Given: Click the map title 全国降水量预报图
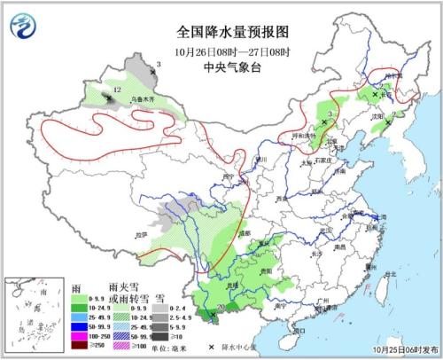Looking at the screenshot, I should pos(221,31).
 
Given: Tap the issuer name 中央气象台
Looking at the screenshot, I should pos(221,63).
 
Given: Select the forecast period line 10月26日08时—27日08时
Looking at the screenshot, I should pos(221,48).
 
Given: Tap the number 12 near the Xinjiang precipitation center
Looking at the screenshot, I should pos(117,92).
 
